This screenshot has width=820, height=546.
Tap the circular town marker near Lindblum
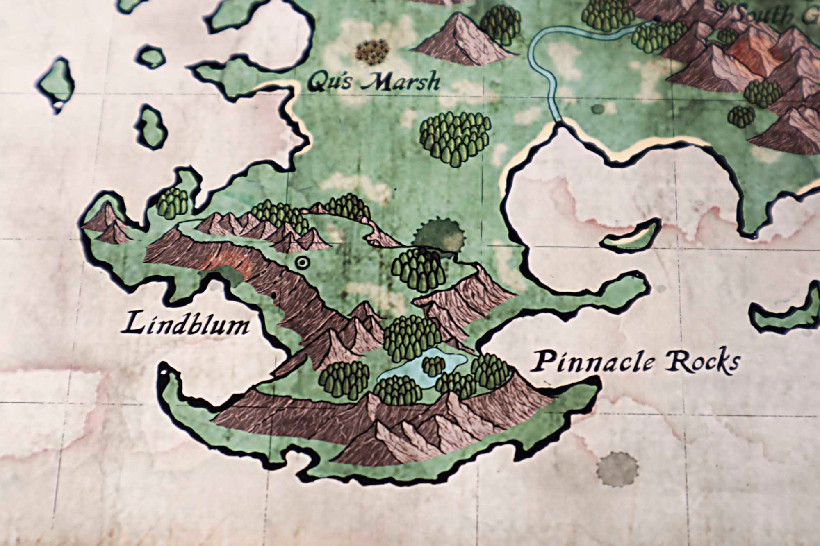(x=303, y=263)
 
